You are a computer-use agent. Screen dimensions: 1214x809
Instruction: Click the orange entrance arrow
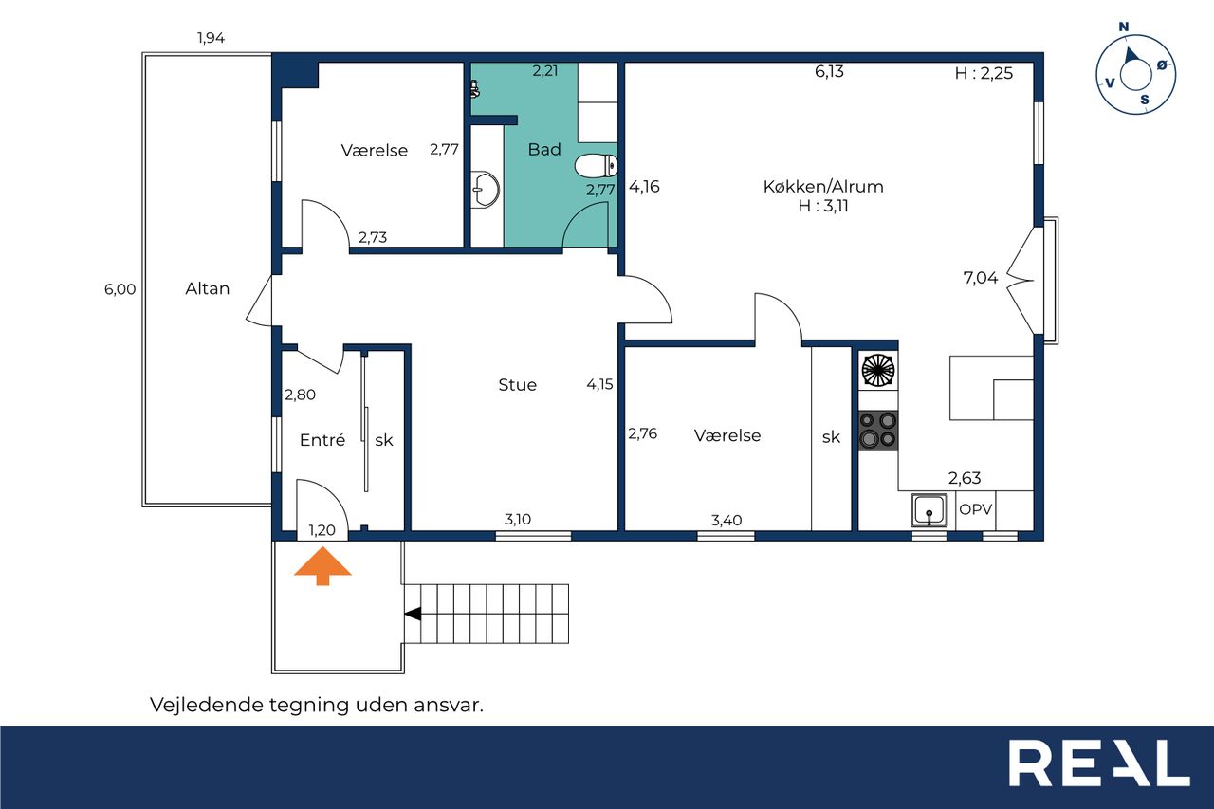(323, 565)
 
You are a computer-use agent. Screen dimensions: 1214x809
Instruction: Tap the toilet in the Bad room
(597, 166)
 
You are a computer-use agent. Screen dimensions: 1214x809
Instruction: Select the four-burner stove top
(878, 431)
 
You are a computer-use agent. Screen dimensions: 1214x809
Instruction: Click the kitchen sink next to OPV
(929, 510)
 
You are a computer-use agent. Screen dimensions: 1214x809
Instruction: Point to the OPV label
(976, 509)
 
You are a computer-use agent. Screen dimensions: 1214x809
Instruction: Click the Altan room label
(208, 288)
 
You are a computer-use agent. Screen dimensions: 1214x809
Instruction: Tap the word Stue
(518, 385)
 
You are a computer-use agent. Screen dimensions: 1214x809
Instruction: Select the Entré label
(322, 439)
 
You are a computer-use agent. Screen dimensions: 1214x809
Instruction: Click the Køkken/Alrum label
(823, 187)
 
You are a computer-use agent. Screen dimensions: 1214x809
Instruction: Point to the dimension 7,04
(981, 278)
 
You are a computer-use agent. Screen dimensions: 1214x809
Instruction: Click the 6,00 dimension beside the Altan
(120, 289)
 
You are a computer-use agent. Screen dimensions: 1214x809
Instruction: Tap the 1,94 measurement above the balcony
(211, 38)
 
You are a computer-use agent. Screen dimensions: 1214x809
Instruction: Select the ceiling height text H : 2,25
(984, 73)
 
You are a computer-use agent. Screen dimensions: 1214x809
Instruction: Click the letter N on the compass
(1124, 28)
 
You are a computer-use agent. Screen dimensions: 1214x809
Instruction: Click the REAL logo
(1099, 763)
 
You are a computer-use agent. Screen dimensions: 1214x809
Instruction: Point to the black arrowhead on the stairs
(413, 614)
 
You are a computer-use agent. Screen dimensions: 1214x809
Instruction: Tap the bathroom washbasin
(485, 190)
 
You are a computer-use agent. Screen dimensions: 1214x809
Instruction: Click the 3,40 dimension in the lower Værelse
(727, 520)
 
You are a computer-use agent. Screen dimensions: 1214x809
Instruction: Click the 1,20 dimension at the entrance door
(322, 530)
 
